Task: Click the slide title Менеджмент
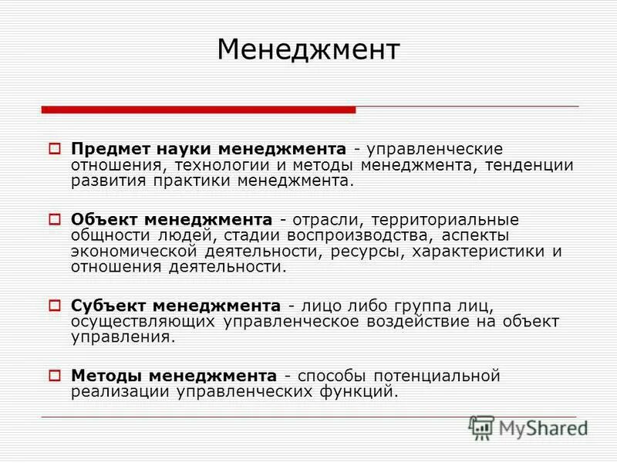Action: (x=308, y=50)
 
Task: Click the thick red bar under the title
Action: (x=198, y=110)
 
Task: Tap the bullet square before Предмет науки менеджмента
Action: (x=55, y=147)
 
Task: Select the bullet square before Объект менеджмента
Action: (x=55, y=219)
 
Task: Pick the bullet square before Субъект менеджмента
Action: (x=55, y=305)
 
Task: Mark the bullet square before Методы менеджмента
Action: (x=55, y=376)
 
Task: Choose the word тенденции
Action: (x=529, y=164)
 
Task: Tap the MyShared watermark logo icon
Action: (x=481, y=428)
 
